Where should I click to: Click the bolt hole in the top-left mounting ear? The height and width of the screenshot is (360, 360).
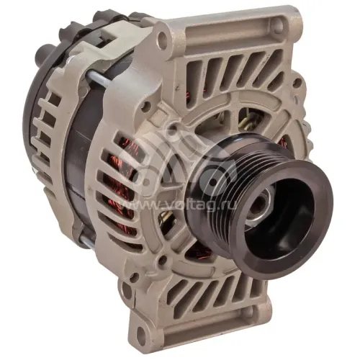(163, 37)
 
